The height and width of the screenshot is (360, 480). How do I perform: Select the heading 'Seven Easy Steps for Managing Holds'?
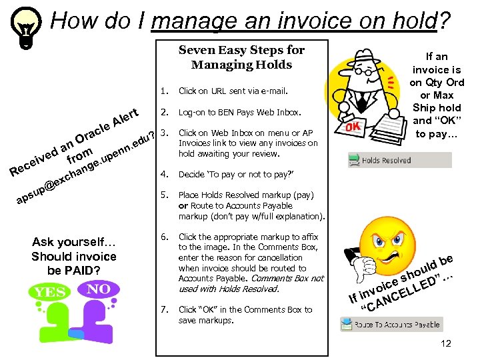click(241, 57)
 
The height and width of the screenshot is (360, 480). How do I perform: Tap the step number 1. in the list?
click(165, 91)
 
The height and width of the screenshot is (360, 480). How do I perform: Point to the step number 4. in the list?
click(165, 175)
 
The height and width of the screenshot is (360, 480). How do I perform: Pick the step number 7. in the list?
click(165, 309)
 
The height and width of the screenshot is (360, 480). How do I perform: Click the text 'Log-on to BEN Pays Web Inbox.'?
click(240, 113)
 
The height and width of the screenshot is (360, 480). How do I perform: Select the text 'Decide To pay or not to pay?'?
click(236, 175)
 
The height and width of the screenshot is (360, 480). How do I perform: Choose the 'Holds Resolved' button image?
click(399, 160)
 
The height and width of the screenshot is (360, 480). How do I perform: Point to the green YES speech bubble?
click(49, 292)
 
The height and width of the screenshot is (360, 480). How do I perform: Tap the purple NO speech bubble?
click(99, 289)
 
